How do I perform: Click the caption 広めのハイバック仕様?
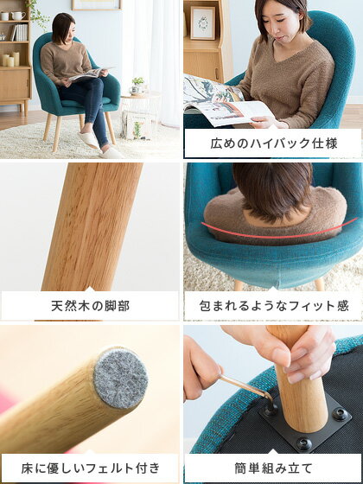[x=274, y=143]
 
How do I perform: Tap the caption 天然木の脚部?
[x=90, y=306]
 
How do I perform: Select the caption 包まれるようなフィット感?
[x=274, y=306]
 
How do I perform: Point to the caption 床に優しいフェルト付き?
[x=90, y=468]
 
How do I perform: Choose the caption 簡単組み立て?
[x=274, y=468]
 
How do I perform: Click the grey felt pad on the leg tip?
[x=121, y=379]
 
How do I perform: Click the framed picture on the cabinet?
[x=203, y=22]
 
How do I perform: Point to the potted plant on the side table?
[x=137, y=85]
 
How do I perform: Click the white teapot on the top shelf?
[x=18, y=16]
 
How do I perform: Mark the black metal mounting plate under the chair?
[x=306, y=423]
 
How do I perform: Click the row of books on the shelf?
[x=19, y=33]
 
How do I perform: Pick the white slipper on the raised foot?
[x=88, y=140]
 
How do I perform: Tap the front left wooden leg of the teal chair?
[x=57, y=133]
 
